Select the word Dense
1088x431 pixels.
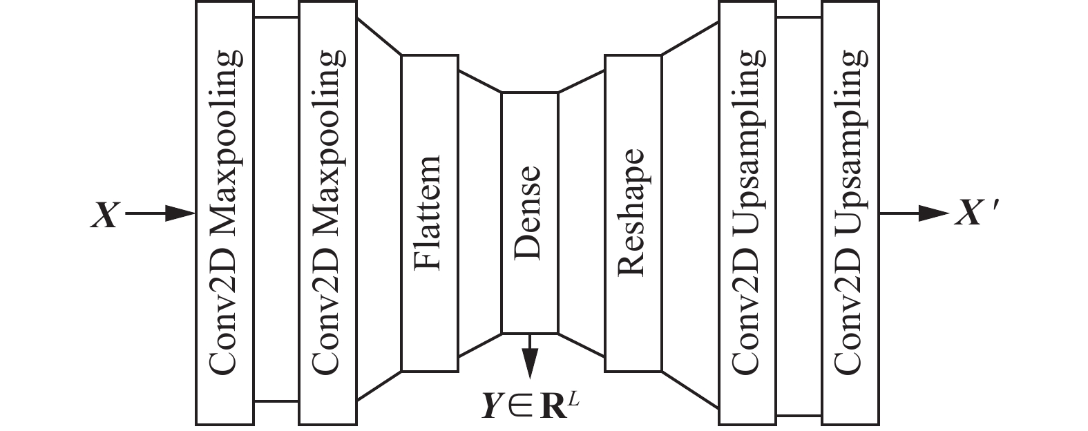click(x=530, y=213)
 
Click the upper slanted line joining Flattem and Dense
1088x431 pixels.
click(x=480, y=81)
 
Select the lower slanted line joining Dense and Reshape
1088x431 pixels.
click(x=582, y=346)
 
